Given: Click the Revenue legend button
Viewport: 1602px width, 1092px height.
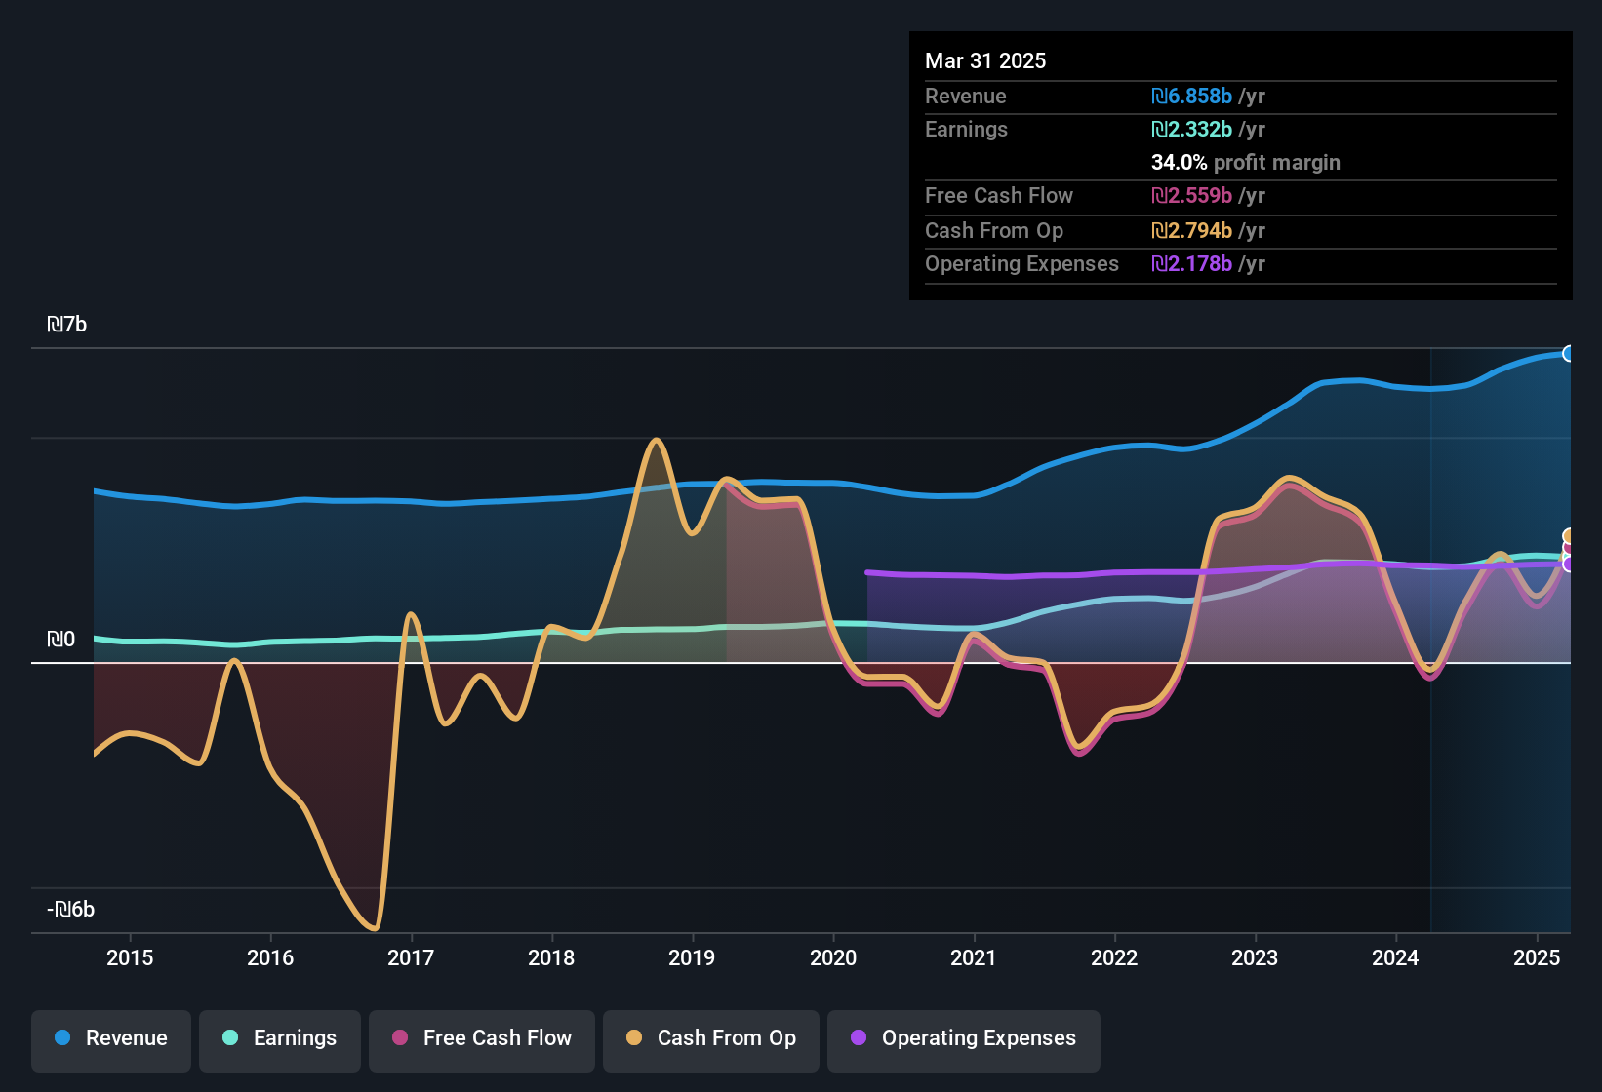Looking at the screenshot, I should tap(111, 1039).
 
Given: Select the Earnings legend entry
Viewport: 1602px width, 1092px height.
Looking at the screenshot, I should tap(280, 1039).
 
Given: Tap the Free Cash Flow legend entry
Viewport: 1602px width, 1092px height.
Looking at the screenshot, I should tap(482, 1039).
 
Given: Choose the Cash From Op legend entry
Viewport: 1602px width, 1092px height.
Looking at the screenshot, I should tap(711, 1039).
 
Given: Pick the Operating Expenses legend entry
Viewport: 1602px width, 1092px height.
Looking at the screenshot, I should tap(964, 1039).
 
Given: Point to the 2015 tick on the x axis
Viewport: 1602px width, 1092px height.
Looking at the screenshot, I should tap(130, 957).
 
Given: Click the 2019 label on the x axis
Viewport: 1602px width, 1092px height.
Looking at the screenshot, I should tap(692, 957).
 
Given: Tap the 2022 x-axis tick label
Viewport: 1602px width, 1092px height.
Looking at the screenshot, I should tap(1114, 957).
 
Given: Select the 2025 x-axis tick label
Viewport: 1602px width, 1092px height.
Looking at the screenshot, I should tap(1537, 957).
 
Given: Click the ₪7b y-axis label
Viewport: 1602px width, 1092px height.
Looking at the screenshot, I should tap(67, 325).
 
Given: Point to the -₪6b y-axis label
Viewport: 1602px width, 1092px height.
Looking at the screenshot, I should tap(71, 910).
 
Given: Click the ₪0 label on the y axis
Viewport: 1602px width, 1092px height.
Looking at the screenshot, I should tap(61, 640).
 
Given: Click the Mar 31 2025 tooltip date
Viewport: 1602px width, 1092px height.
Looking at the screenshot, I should tap(985, 61).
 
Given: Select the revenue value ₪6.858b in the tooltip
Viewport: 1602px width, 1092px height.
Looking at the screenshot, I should tap(1192, 97).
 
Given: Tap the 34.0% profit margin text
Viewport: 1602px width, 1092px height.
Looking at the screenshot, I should tap(1245, 163).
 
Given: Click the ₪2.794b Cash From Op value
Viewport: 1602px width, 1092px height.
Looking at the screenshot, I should tap(1192, 231).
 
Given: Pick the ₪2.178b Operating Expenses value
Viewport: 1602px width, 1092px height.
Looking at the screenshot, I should tap(1192, 264).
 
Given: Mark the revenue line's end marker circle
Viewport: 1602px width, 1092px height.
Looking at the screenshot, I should tap(1569, 354).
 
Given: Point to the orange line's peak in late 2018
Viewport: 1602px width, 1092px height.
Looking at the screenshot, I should tap(657, 441).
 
